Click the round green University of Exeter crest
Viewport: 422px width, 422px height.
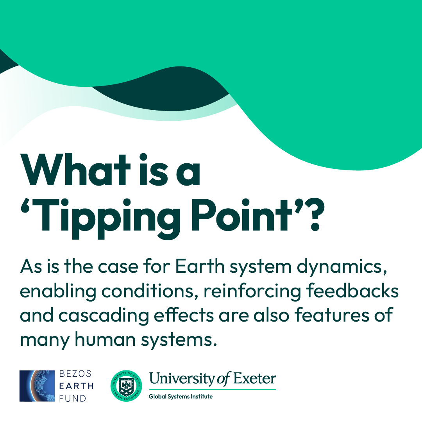(x=126, y=386)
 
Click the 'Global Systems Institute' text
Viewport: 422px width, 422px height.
(x=181, y=397)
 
